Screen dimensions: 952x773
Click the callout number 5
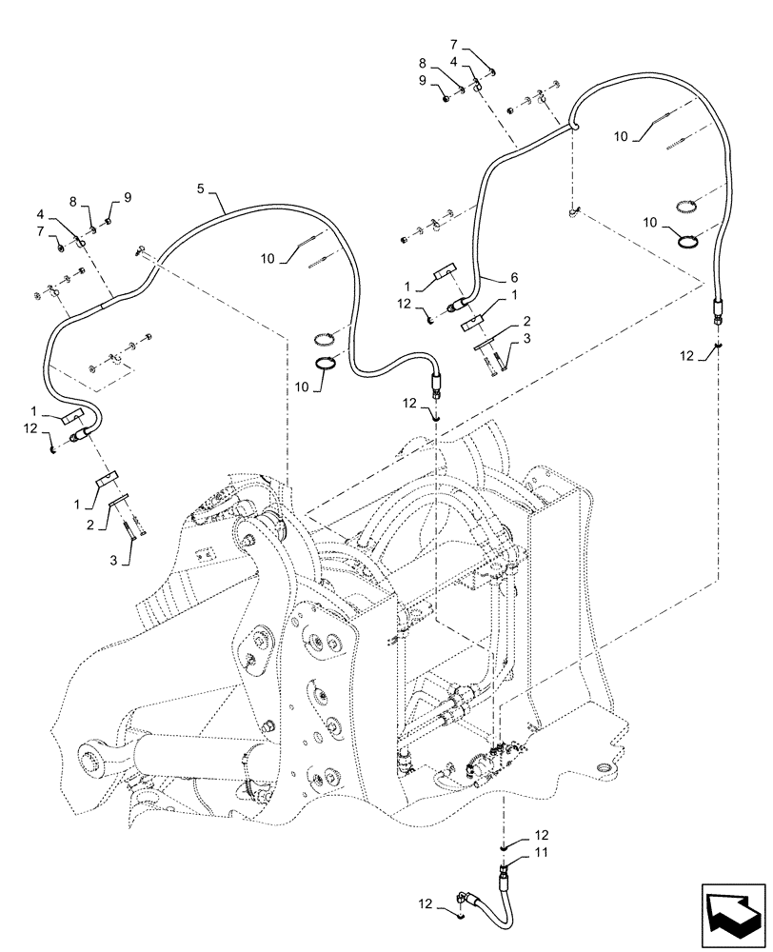click(x=201, y=189)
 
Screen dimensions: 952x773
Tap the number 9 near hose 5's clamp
click(x=127, y=198)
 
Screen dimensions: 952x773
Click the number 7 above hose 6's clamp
click(x=454, y=46)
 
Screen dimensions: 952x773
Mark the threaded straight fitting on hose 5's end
click(x=438, y=387)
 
